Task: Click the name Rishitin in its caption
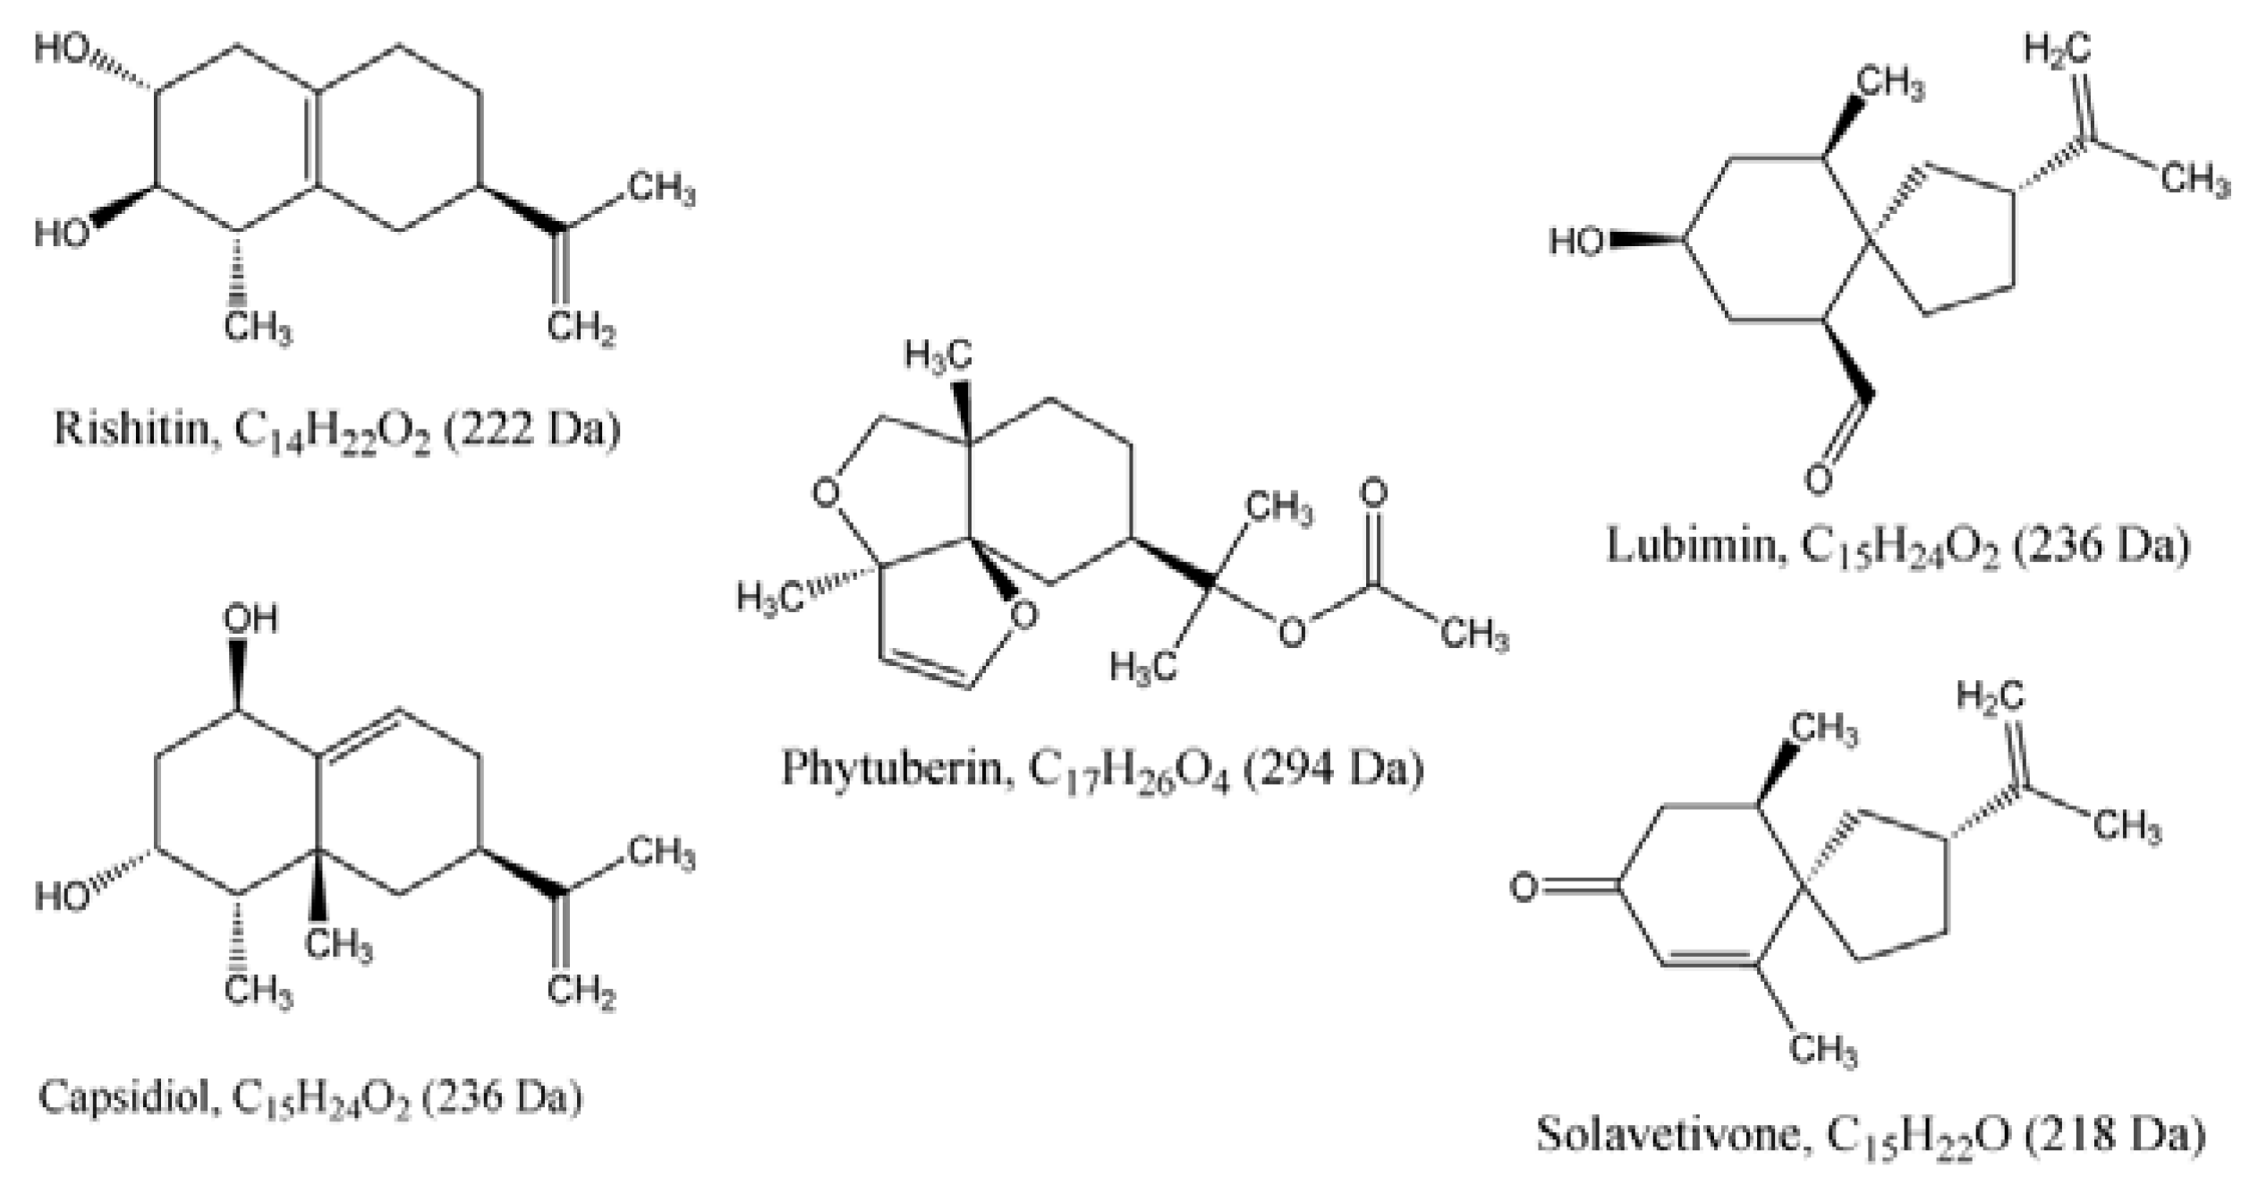point(131,429)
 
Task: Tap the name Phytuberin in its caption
point(896,768)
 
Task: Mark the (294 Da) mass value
point(1332,768)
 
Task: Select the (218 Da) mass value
point(2115,1135)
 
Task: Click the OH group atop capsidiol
point(250,619)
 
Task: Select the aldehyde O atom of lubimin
point(1819,478)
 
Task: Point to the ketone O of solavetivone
point(1524,887)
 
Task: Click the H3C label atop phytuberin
point(938,356)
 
